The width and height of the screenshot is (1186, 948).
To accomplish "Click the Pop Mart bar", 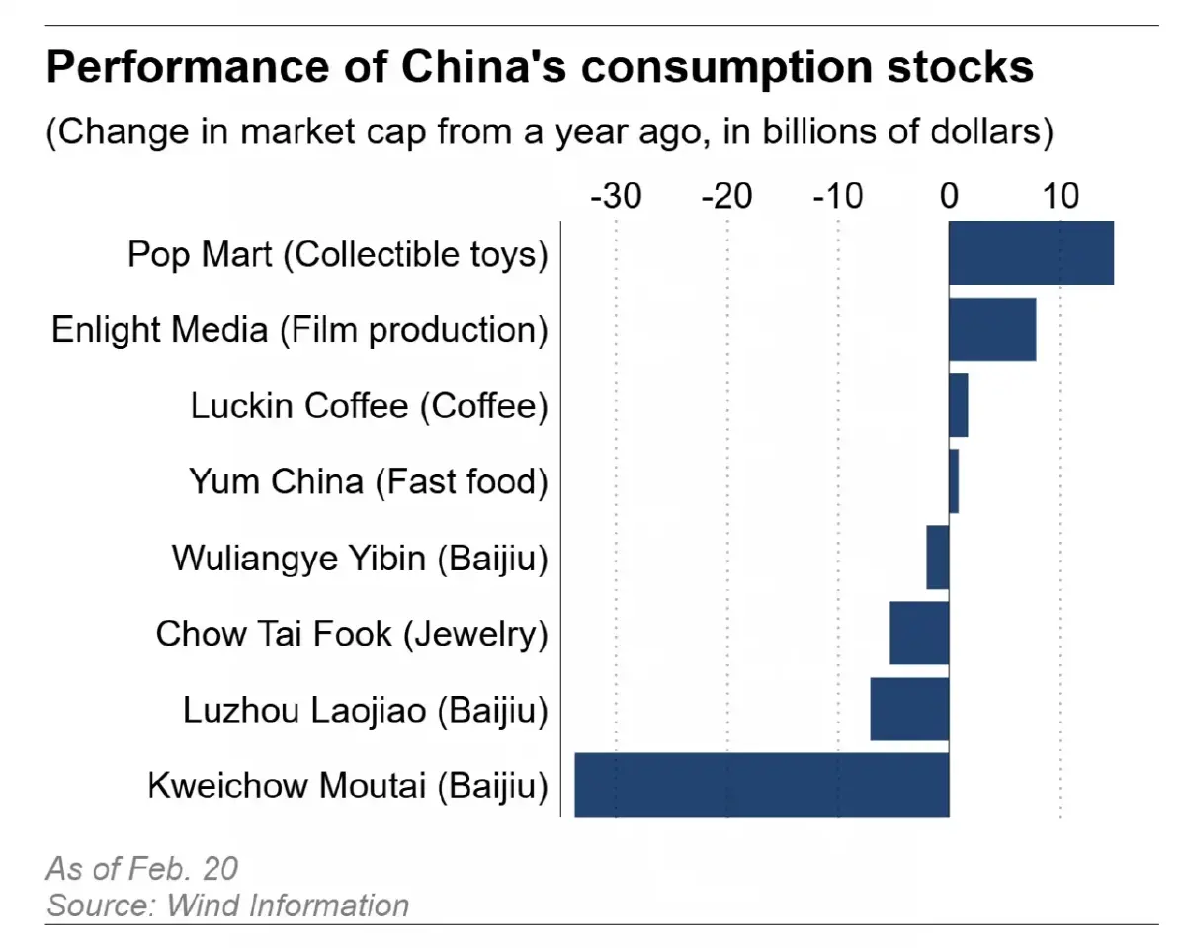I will (x=1031, y=254).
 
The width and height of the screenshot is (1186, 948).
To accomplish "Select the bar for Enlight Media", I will (x=992, y=329).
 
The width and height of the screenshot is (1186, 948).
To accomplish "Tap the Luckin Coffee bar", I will (x=959, y=405).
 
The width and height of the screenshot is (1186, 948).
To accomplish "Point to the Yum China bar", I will (x=954, y=481).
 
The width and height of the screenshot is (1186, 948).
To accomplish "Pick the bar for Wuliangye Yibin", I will (x=938, y=558).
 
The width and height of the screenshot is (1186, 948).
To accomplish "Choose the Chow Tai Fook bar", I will (x=919, y=633).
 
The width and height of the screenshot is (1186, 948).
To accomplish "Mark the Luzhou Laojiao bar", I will (x=909, y=709).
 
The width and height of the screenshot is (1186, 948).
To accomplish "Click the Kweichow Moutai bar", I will (x=761, y=785).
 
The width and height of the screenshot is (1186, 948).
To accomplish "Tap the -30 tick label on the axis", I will (x=616, y=197).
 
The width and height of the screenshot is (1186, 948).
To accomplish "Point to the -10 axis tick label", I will (x=838, y=197).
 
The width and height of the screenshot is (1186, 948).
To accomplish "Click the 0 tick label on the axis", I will (x=949, y=197).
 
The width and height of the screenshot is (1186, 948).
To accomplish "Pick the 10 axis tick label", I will (x=1060, y=197).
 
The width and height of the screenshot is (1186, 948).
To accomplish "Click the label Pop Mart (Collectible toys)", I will (x=337, y=254).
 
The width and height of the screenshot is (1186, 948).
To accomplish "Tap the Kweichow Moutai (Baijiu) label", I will (x=347, y=786).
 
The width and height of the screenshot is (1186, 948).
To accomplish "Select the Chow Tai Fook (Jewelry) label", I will (x=351, y=634).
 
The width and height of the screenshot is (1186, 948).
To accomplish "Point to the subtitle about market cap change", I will (x=549, y=132).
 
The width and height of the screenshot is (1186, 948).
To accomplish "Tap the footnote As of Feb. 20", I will (x=142, y=868).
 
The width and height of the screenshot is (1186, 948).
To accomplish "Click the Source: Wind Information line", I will (x=227, y=905).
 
